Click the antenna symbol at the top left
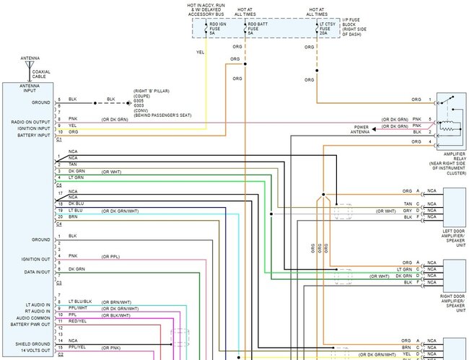point(30,66)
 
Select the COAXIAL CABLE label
point(41,74)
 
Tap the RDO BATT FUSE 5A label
point(258,28)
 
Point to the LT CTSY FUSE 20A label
point(329,28)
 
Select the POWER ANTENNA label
point(361,130)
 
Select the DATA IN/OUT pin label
point(38,273)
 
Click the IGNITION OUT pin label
point(36,258)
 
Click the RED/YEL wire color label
point(79,320)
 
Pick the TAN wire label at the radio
point(72,164)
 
